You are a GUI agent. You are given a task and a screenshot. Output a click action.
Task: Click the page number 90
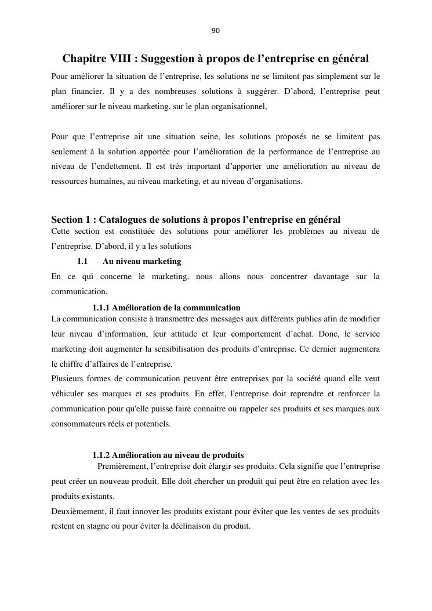[216, 31]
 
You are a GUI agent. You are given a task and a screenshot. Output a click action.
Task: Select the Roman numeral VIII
[123, 59]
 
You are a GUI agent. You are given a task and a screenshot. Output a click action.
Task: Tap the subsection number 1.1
[82, 262]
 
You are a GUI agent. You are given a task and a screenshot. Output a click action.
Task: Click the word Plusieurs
[67, 379]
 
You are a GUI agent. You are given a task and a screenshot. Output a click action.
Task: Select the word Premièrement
[122, 467]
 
